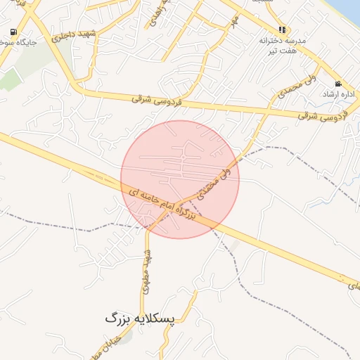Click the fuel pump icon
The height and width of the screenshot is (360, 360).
[x=14, y=32]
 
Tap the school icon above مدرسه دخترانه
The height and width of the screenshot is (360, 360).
[x=282, y=30]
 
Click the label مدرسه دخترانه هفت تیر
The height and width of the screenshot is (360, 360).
[x=283, y=46]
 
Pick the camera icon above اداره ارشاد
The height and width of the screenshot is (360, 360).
[x=338, y=84]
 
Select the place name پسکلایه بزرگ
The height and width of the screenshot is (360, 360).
[x=139, y=319]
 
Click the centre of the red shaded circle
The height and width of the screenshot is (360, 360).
[x=180, y=179]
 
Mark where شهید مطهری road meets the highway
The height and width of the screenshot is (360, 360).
[x=148, y=226]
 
